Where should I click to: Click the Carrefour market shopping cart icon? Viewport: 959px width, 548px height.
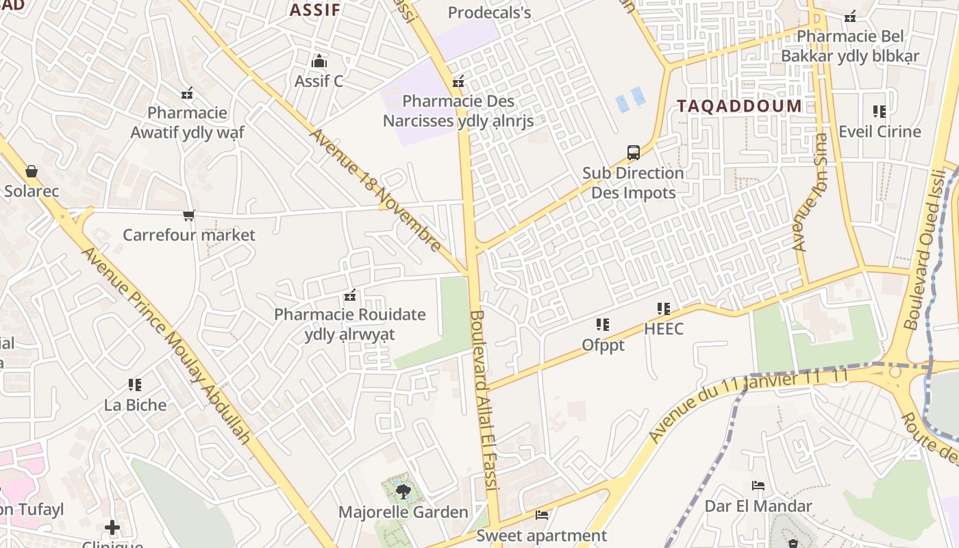pos(189,216)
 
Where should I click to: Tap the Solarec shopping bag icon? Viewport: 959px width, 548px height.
pos(31,171)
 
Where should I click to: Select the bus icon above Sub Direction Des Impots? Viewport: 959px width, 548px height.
pos(634,153)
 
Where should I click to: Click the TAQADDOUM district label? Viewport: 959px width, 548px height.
pos(739,105)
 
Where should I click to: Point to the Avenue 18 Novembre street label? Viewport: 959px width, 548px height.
pos(375,190)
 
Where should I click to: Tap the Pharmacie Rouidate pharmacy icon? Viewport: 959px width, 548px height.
pos(350,296)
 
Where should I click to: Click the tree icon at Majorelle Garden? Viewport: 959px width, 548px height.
pos(403,491)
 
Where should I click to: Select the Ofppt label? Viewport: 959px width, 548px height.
pos(603,345)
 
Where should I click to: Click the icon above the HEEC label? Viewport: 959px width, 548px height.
pos(663,309)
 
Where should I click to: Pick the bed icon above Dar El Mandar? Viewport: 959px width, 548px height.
pos(758,486)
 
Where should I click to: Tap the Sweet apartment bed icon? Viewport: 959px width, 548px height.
pos(542,515)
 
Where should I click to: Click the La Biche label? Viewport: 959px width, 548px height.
pos(135,405)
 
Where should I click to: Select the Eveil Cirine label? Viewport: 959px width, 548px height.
pos(880,131)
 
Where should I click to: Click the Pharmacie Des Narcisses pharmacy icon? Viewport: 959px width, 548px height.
pos(458,82)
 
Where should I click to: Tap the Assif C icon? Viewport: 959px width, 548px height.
pos(319,62)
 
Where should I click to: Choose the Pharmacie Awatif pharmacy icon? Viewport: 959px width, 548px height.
pos(187,92)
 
